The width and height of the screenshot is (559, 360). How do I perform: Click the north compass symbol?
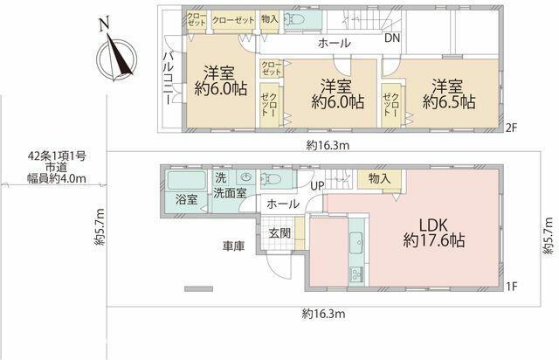point(115,53)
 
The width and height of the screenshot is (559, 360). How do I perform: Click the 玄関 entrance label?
point(279,233)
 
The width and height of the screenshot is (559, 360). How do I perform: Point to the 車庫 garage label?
point(233,247)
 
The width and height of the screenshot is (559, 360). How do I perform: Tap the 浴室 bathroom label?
point(186,199)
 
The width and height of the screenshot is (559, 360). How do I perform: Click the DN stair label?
point(392,39)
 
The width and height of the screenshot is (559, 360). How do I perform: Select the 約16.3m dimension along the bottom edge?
point(324,314)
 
